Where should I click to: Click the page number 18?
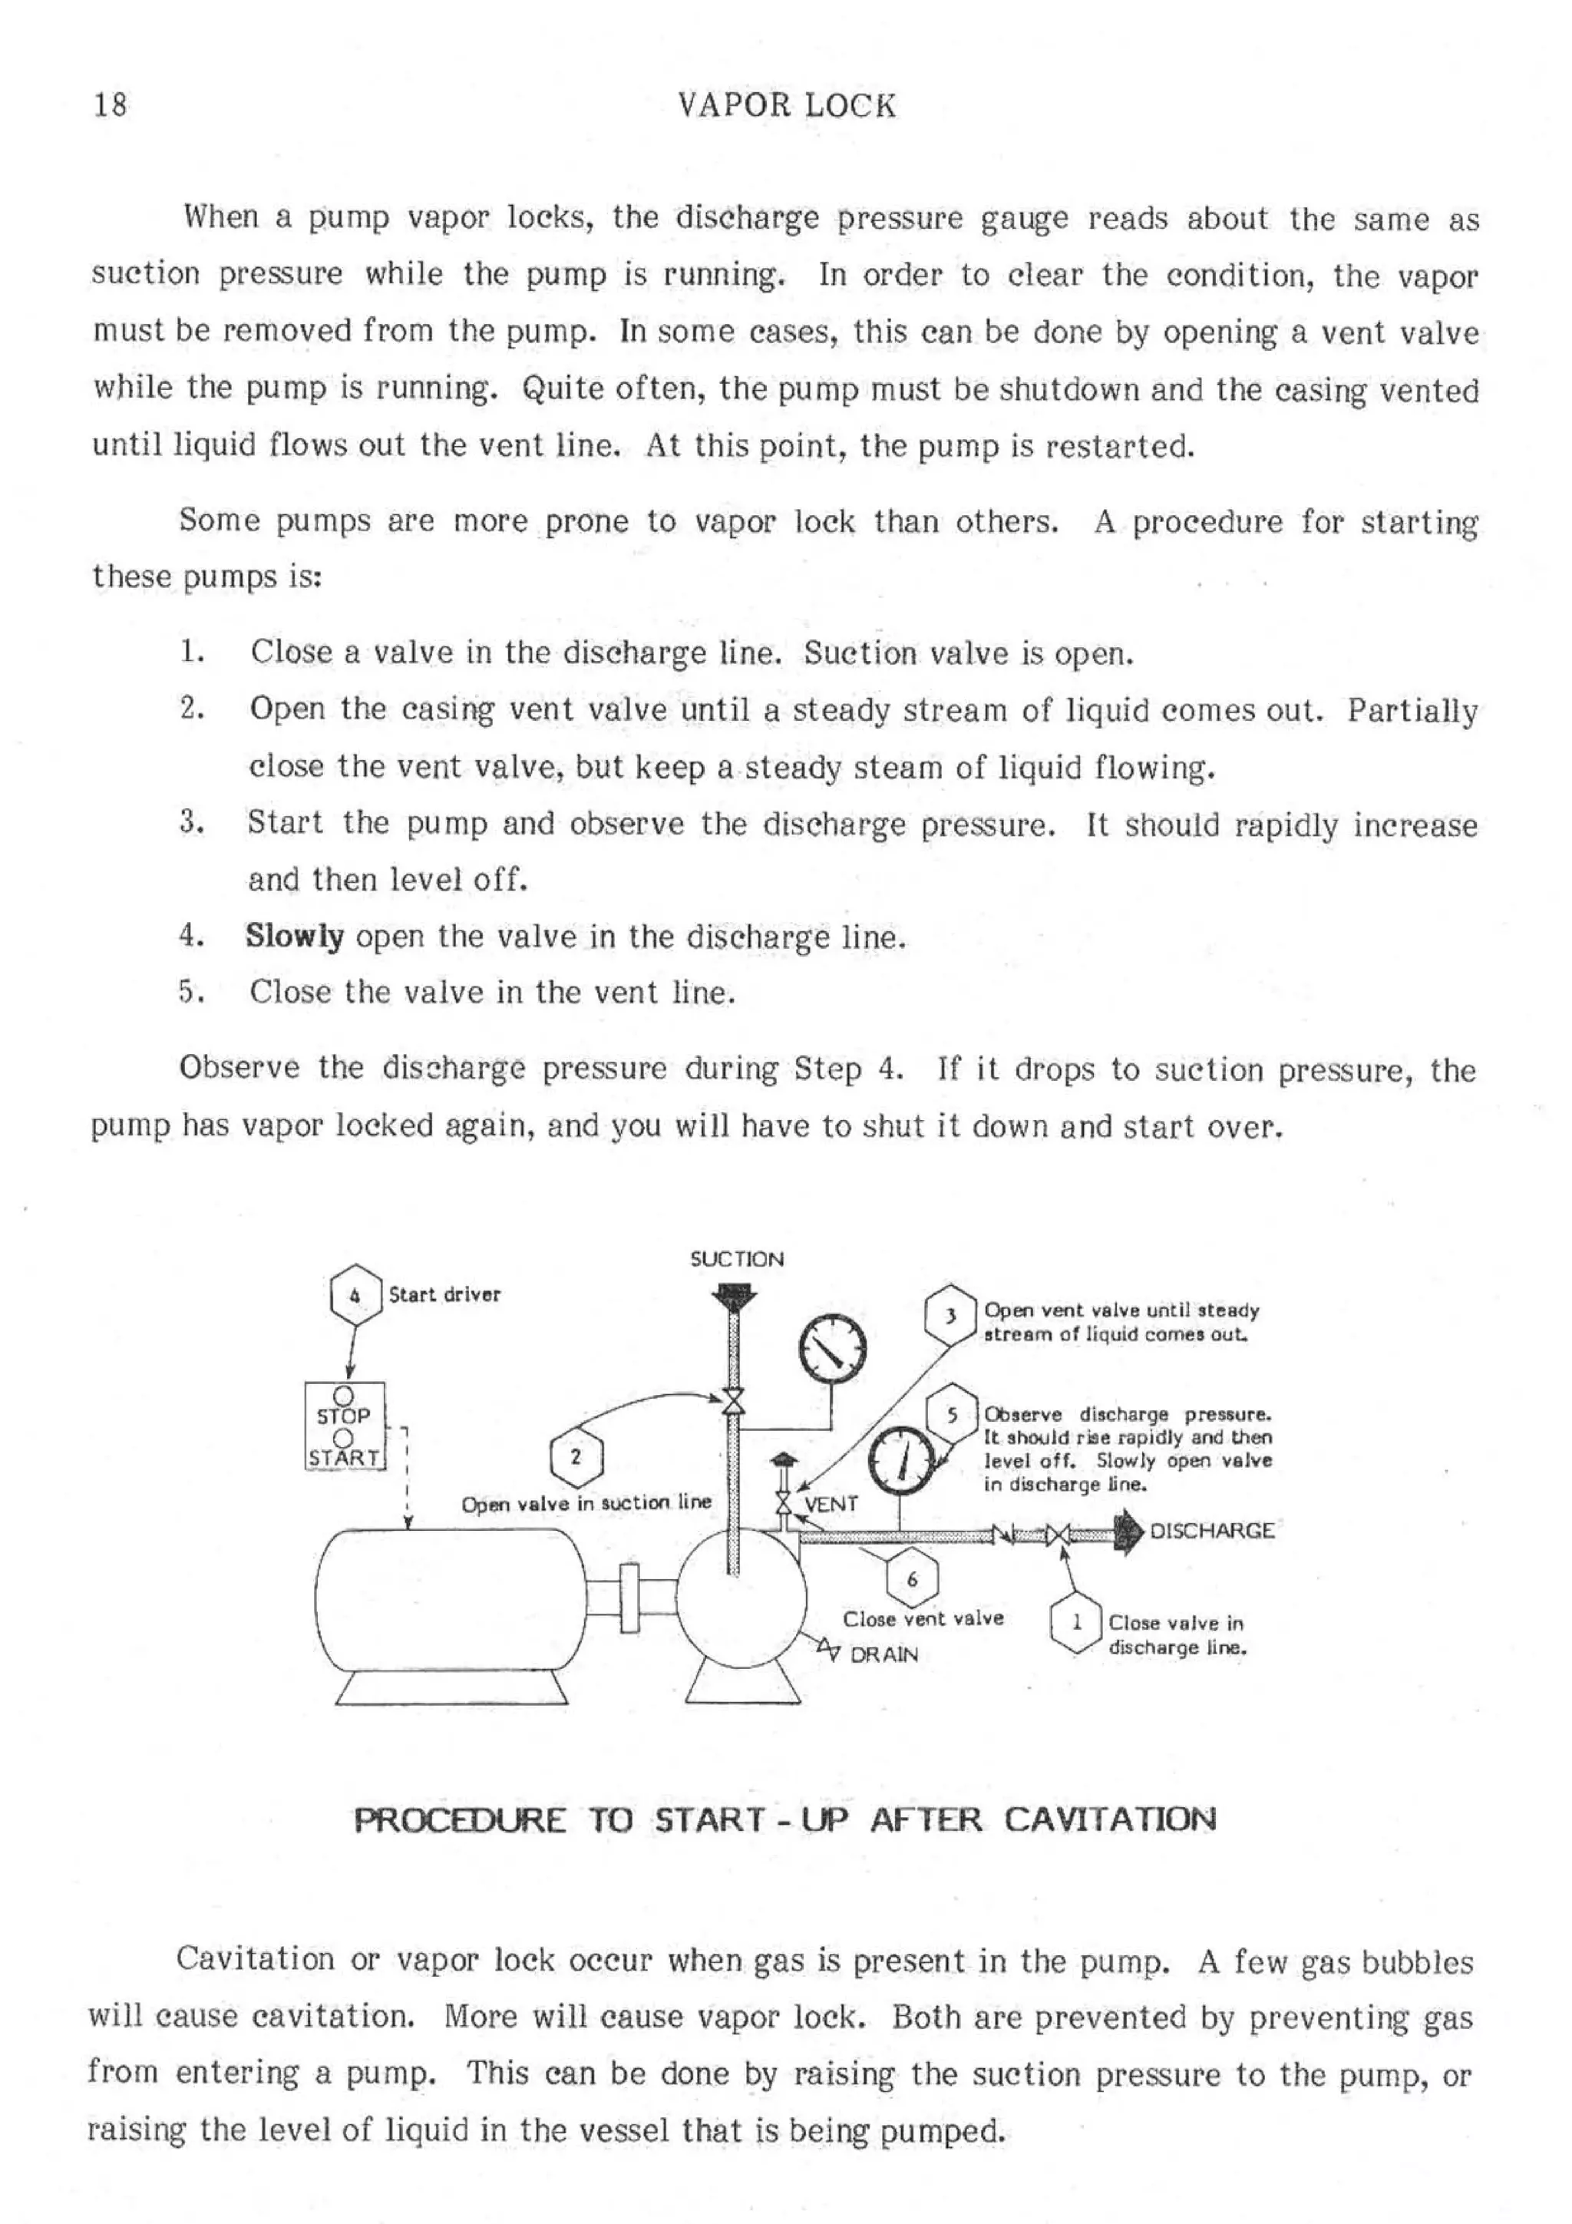click(x=111, y=104)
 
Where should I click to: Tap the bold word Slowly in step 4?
click(x=295, y=937)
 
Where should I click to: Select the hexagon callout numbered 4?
click(x=355, y=1294)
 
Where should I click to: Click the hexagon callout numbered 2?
click(x=576, y=1456)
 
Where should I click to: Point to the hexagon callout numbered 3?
click(x=950, y=1315)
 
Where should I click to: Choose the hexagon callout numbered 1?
click(x=1076, y=1621)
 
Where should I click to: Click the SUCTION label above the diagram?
click(x=736, y=1259)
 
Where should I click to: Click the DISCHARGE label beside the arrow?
click(x=1210, y=1531)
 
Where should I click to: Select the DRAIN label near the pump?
click(x=883, y=1654)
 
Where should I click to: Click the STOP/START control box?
click(x=345, y=1425)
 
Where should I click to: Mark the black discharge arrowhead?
click(x=1129, y=1532)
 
